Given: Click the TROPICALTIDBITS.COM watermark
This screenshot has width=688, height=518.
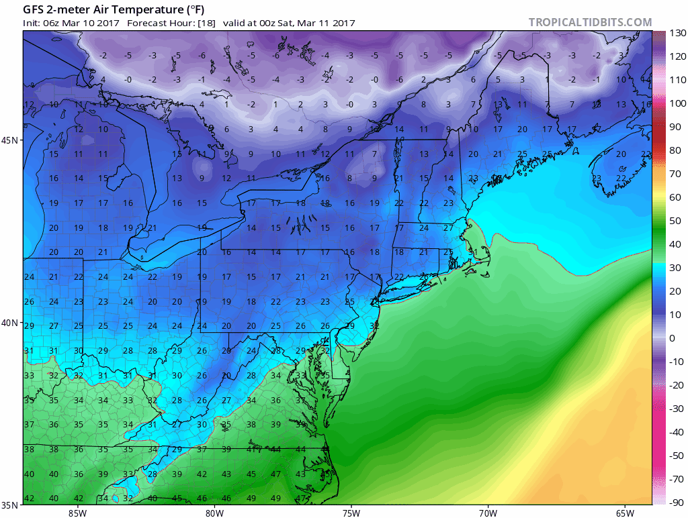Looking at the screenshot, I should pyautogui.click(x=590, y=22).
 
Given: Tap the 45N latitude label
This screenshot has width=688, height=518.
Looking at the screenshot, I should pyautogui.click(x=11, y=140).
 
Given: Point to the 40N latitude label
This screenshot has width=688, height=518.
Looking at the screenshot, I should pyautogui.click(x=11, y=322).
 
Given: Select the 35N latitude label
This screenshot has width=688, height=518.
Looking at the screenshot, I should pyautogui.click(x=11, y=505).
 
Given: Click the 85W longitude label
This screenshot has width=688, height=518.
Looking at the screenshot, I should pyautogui.click(x=77, y=513).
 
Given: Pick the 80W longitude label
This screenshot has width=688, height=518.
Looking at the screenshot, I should pyautogui.click(x=214, y=513).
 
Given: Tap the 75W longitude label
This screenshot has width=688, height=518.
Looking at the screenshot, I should pyautogui.click(x=350, y=513).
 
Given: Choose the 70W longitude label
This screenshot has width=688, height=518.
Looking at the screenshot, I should pyautogui.click(x=487, y=513).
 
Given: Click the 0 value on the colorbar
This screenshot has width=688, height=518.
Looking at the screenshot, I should pyautogui.click(x=673, y=338).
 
